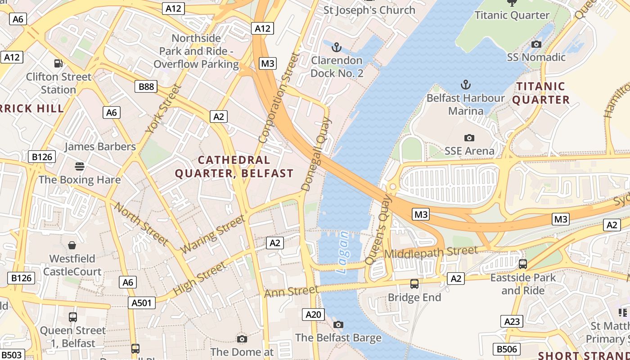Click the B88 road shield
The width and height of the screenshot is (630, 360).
pyautogui.click(x=146, y=86)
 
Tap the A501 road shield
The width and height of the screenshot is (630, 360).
pyautogui.click(x=142, y=303)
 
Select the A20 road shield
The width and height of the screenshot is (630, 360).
pyautogui.click(x=313, y=315)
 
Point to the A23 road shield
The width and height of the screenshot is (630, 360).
pyautogui.click(x=512, y=321)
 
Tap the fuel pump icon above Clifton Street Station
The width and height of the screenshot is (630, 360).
pyautogui.click(x=58, y=63)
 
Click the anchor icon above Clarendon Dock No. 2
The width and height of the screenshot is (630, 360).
pyautogui.click(x=336, y=47)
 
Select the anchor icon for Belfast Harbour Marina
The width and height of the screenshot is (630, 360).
pyautogui.click(x=466, y=85)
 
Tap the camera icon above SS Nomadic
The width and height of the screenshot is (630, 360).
pyautogui.click(x=536, y=44)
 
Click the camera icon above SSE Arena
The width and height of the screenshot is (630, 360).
pyautogui.click(x=469, y=138)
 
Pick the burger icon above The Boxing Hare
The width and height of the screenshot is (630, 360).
pyautogui.click(x=80, y=166)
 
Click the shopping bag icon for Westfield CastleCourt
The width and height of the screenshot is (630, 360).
pyautogui.click(x=72, y=245)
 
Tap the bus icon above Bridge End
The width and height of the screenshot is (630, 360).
pyautogui.click(x=414, y=284)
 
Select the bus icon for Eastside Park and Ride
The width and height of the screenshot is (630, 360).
pyautogui.click(x=523, y=264)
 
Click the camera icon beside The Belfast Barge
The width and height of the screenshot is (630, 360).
pyautogui.click(x=338, y=324)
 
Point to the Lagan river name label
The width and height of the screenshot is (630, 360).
pyautogui.click(x=343, y=252)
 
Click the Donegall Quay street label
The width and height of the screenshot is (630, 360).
pyautogui.click(x=316, y=154)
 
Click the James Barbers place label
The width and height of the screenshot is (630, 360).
pyautogui.click(x=100, y=147)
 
